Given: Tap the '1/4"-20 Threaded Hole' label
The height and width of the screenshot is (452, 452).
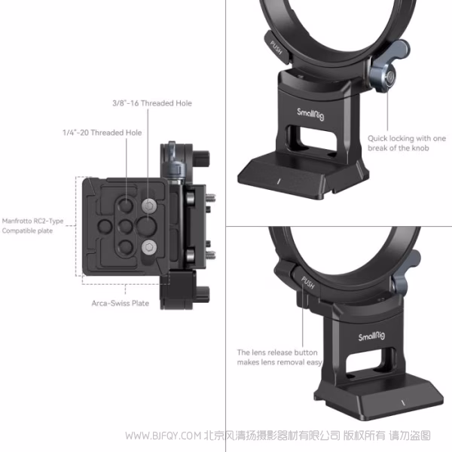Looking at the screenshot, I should click(102, 133).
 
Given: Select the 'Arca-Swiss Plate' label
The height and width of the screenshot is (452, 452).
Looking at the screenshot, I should click(121, 304).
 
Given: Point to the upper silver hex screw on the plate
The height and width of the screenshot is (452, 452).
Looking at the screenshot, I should click(148, 204).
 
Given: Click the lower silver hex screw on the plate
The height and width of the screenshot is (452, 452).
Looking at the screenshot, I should click(148, 245).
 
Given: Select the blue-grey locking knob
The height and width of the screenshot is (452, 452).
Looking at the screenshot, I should click(386, 76).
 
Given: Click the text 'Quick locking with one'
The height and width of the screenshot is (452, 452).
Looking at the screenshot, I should click(407, 138).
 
